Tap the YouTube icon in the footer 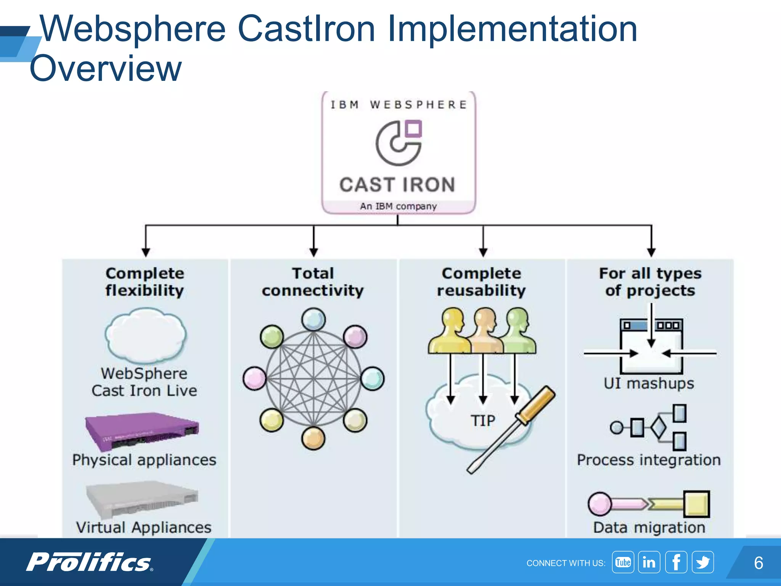click(623, 562)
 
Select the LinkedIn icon click(649, 562)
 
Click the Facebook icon click(676, 562)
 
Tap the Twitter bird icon click(703, 562)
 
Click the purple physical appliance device click(142, 430)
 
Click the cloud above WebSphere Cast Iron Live click(145, 336)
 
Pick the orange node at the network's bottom click(313, 438)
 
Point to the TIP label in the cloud click(483, 421)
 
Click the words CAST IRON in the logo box click(398, 185)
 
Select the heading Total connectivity click(313, 282)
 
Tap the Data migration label click(649, 528)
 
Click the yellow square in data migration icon click(696, 504)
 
